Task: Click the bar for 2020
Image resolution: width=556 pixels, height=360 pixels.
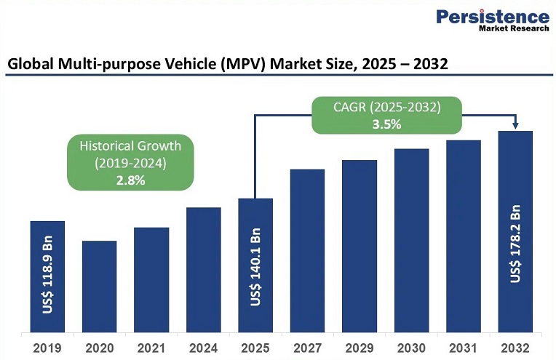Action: [x=99, y=287]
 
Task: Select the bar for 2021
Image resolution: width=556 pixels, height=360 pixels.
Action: [x=151, y=280]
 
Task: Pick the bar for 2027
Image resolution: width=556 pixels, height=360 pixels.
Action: [x=307, y=251]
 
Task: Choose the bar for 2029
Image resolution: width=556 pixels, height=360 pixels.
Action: [x=360, y=247]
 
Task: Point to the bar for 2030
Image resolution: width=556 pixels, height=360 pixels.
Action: [x=412, y=241]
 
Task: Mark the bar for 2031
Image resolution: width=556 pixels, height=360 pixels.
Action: [x=464, y=236]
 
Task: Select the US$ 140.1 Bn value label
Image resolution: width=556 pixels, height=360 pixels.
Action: [x=256, y=268]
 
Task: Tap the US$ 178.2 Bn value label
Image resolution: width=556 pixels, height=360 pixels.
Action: [x=516, y=244]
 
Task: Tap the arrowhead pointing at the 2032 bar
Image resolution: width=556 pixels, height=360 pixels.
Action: [x=515, y=126]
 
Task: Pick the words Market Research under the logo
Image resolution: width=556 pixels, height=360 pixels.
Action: [x=514, y=30]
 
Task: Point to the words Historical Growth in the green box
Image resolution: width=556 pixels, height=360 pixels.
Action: [x=131, y=146]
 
